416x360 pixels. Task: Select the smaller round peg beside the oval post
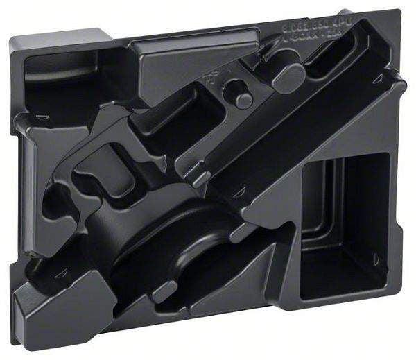coord(242,98)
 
